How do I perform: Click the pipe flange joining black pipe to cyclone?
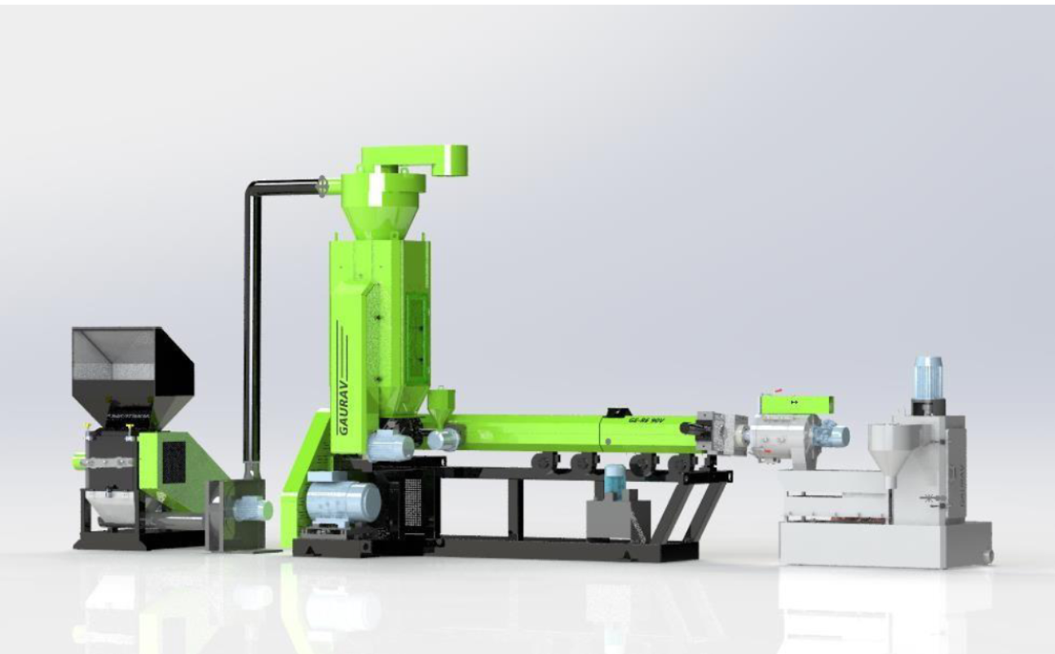click(x=324, y=187)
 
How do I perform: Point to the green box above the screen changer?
click(x=796, y=404)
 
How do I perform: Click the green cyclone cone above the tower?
click(x=384, y=215)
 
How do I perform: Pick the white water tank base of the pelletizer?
click(x=884, y=545)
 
